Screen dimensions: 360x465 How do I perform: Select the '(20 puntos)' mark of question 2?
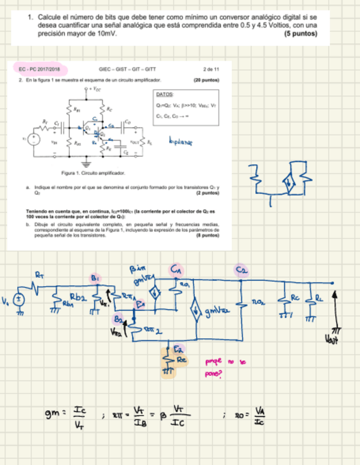[x=206, y=80]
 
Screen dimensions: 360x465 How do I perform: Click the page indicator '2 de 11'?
[x=211, y=70]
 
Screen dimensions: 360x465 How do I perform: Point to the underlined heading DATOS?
[x=164, y=94]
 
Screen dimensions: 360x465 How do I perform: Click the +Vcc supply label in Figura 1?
[x=94, y=88]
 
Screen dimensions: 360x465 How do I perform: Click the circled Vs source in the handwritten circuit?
[x=19, y=299]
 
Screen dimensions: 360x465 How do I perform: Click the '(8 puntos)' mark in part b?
[x=207, y=235]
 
